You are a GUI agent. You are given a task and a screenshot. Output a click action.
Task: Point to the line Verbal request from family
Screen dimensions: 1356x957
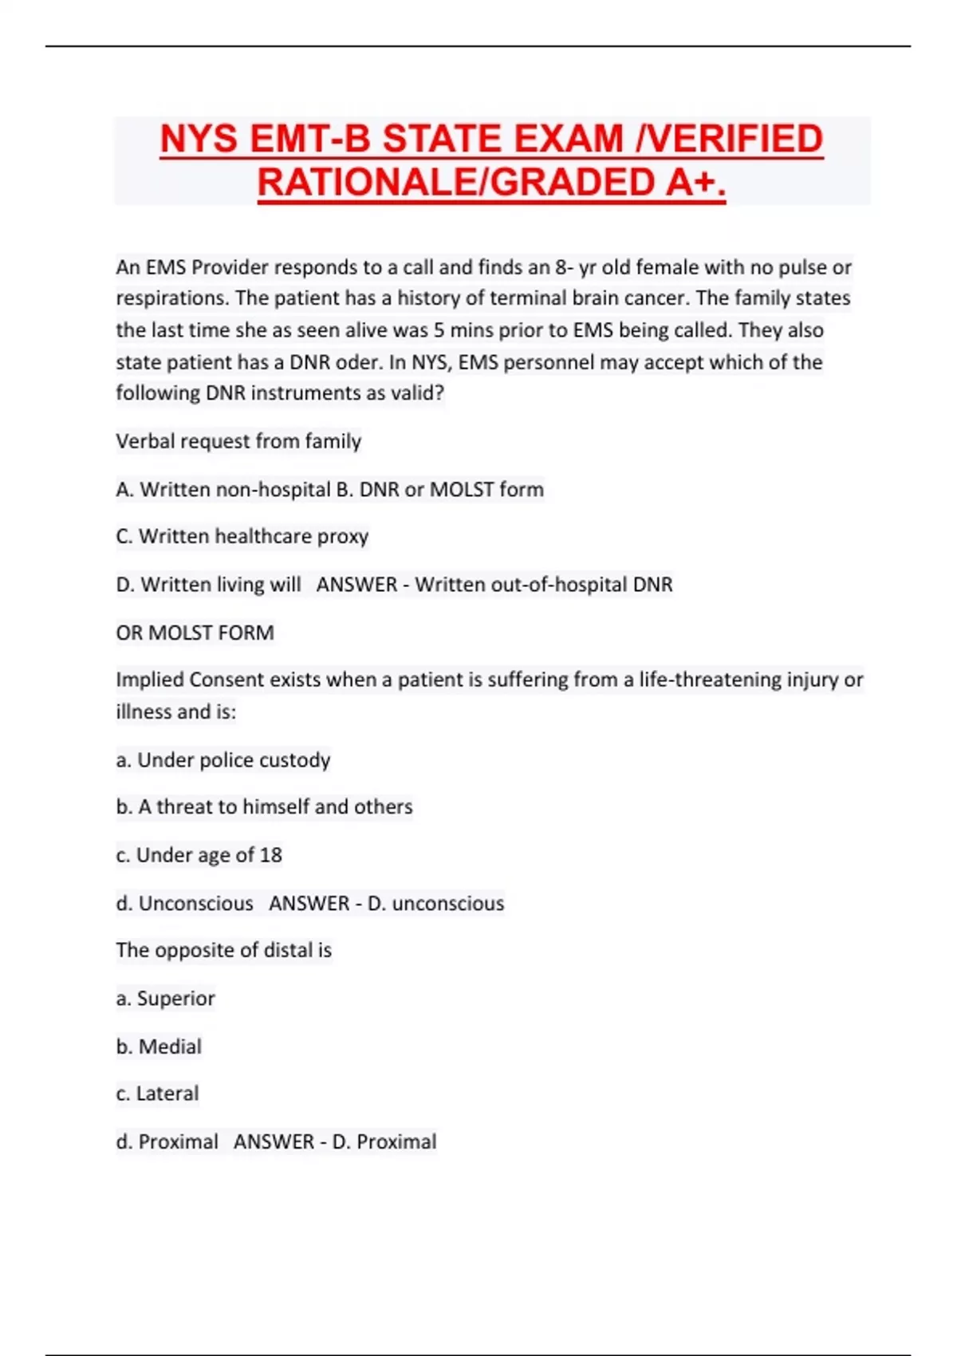[238, 441]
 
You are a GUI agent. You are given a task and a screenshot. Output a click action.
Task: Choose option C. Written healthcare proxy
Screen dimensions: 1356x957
[242, 536]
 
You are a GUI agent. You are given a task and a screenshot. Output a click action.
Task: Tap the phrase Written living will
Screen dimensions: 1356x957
[221, 585]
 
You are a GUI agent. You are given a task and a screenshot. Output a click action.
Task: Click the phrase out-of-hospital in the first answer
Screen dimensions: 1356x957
[559, 585]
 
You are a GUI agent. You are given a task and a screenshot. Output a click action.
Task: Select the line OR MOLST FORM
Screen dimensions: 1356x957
[195, 633]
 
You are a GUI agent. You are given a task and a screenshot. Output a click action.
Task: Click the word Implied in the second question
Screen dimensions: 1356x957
[149, 680]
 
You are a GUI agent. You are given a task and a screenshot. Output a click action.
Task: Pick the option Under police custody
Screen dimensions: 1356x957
[233, 760]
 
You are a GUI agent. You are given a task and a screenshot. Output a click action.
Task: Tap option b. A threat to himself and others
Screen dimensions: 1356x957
[264, 807]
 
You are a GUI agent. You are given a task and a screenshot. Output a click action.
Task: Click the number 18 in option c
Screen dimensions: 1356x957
[270, 855]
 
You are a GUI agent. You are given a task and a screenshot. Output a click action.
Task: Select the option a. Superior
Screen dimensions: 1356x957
[165, 999]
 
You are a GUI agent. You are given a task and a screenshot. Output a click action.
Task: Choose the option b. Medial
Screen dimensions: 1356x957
[159, 1047]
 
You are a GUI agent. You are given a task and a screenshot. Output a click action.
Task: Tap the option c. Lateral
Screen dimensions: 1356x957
[157, 1094]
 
